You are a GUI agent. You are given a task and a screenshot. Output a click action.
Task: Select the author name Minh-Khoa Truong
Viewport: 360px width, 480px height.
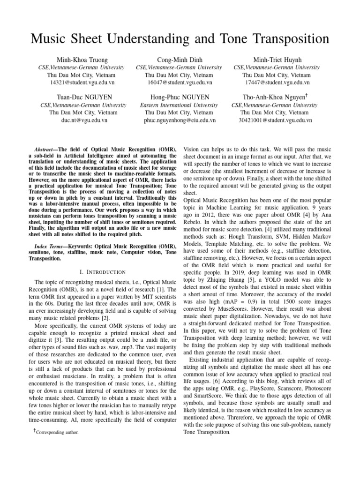tap(82, 60)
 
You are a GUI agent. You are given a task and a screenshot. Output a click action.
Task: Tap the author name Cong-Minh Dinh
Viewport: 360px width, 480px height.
tap(180, 60)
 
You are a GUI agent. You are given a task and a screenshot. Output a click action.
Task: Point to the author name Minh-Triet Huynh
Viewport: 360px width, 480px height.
tap(277, 60)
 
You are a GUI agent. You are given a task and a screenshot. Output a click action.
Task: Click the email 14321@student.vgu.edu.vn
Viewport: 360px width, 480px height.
tap(82, 82)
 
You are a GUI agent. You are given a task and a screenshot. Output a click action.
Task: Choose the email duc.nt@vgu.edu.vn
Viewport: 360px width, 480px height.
tap(82, 120)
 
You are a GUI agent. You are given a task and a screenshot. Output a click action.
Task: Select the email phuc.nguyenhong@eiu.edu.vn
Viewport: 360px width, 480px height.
tap(180, 120)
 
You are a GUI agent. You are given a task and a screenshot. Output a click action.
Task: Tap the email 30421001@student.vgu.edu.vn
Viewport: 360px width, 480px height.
tap(277, 120)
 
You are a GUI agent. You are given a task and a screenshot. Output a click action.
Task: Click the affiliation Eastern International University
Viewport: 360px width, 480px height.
tap(180, 105)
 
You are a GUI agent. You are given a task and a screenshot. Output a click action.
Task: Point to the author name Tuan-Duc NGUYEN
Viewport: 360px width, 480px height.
tap(82, 97)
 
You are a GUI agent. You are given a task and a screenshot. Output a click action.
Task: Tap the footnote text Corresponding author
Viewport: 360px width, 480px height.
tap(55, 433)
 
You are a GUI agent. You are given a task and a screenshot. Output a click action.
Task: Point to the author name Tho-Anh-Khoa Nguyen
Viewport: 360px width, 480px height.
tap(275, 97)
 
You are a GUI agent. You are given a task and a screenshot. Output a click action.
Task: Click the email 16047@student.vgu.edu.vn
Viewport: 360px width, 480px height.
tap(180, 82)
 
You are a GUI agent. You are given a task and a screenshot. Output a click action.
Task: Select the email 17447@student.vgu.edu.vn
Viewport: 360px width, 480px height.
tap(277, 82)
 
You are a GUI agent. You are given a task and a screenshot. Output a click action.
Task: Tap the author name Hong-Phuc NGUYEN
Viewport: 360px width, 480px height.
tap(180, 97)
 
